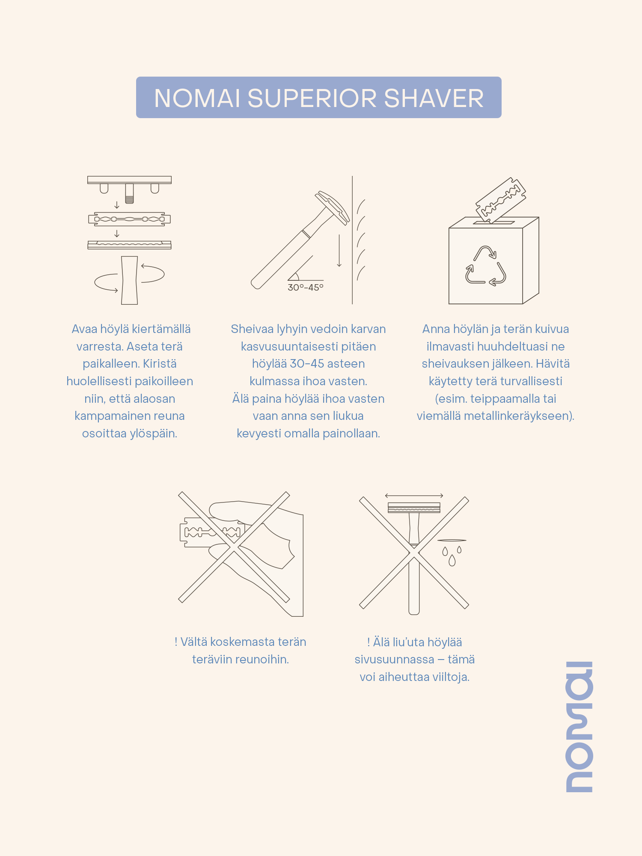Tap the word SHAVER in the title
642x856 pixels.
click(x=434, y=98)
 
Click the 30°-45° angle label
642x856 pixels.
click(x=306, y=288)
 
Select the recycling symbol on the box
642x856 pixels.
click(x=486, y=266)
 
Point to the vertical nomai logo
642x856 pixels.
click(x=579, y=727)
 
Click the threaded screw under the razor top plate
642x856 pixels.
click(x=129, y=193)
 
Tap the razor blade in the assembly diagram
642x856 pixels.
click(x=129, y=219)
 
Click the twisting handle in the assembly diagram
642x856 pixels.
click(x=129, y=280)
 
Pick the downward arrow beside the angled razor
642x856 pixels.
click(x=339, y=250)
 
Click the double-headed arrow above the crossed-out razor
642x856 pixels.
click(x=414, y=496)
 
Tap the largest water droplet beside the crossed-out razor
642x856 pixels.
click(x=452, y=560)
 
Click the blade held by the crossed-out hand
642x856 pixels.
click(x=211, y=532)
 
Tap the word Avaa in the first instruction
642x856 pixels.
click(x=84, y=329)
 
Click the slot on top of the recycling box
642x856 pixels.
click(x=493, y=223)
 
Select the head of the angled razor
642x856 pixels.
click(x=333, y=207)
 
